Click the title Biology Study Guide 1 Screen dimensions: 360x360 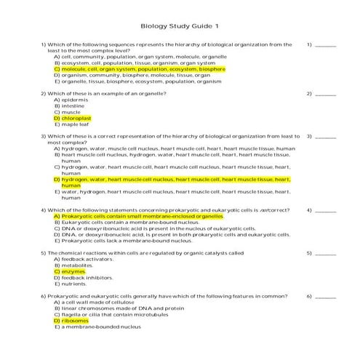(179, 27)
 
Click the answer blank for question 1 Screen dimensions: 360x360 (326, 45)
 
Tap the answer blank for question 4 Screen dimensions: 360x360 (326, 211)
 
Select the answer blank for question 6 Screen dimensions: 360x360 (326, 297)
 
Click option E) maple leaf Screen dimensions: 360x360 (71, 123)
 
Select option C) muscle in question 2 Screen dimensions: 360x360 (68, 111)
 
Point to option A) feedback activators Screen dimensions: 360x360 (83, 260)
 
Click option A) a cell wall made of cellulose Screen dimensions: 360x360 (93, 303)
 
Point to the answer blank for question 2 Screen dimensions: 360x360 (326, 94)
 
